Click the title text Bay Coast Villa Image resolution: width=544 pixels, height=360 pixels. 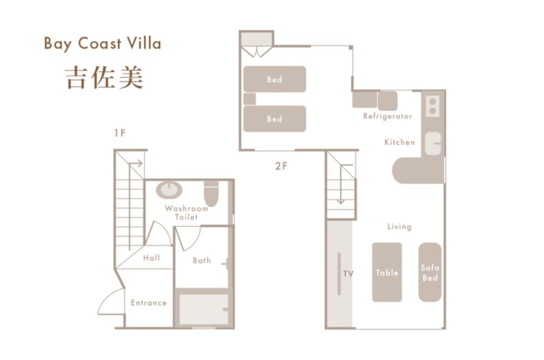tap(102, 44)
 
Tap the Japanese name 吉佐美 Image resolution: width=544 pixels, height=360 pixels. tap(105, 77)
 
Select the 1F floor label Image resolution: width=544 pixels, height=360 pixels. tap(120, 132)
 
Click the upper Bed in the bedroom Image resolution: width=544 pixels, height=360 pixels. tap(274, 79)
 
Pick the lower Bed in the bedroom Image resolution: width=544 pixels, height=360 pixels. tap(274, 119)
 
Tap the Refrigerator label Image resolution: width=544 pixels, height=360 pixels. tap(387, 116)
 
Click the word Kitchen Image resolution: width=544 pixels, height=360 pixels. tap(399, 142)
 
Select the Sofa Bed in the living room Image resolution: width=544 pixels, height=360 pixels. tap(429, 272)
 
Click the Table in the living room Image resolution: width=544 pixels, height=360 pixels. tap(387, 272)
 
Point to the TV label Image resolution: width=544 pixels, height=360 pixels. tap(349, 273)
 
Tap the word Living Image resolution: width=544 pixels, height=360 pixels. tap(399, 226)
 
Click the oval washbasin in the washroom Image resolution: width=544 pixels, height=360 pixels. tap(170, 190)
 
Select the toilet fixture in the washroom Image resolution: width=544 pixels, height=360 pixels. tap(211, 193)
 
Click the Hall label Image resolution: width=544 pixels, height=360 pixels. tap(151, 258)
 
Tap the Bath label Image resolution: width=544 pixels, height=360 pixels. tap(202, 260)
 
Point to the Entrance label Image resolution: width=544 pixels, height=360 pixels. tap(148, 303)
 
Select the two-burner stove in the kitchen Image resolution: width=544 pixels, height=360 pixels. tap(432, 107)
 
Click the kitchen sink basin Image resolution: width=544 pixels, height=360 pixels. tap(433, 144)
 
